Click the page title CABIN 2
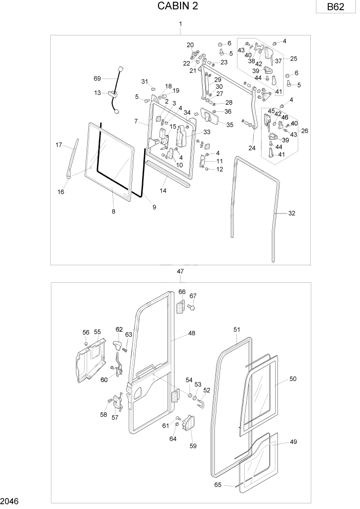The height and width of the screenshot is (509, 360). pyautogui.click(x=178, y=6)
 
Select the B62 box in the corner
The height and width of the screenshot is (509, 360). pyautogui.click(x=335, y=8)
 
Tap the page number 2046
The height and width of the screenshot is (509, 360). pyautogui.click(x=11, y=500)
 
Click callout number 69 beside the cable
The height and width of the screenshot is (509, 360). pyautogui.click(x=97, y=79)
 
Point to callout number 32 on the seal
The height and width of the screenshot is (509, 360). pyautogui.click(x=292, y=213)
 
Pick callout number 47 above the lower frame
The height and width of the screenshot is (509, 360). pyautogui.click(x=180, y=271)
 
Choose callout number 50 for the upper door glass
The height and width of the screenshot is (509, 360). pyautogui.click(x=293, y=379)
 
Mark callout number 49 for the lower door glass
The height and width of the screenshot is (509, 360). pyautogui.click(x=293, y=442)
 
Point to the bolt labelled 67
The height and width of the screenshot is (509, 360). pyautogui.click(x=191, y=307)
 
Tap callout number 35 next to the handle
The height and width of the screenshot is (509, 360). pyautogui.click(x=229, y=125)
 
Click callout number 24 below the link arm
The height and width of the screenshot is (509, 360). pyautogui.click(x=252, y=148)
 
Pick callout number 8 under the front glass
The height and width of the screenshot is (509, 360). pyautogui.click(x=113, y=211)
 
